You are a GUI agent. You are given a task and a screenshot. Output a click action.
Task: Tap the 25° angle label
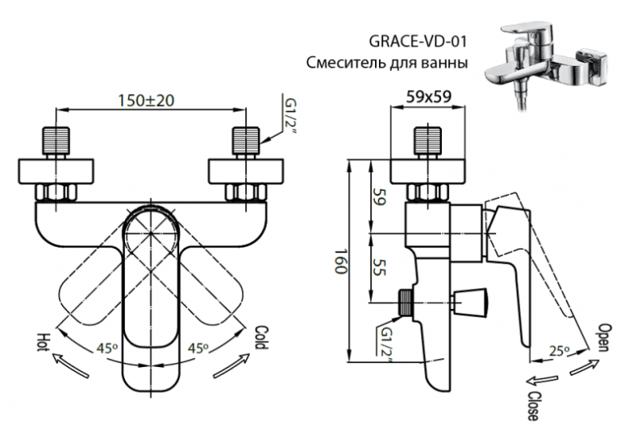(560, 349)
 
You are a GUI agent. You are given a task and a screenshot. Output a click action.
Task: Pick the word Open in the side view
(603, 338)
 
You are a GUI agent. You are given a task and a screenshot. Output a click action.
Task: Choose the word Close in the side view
(530, 403)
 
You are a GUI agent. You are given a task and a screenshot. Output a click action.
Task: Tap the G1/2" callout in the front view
(289, 118)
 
